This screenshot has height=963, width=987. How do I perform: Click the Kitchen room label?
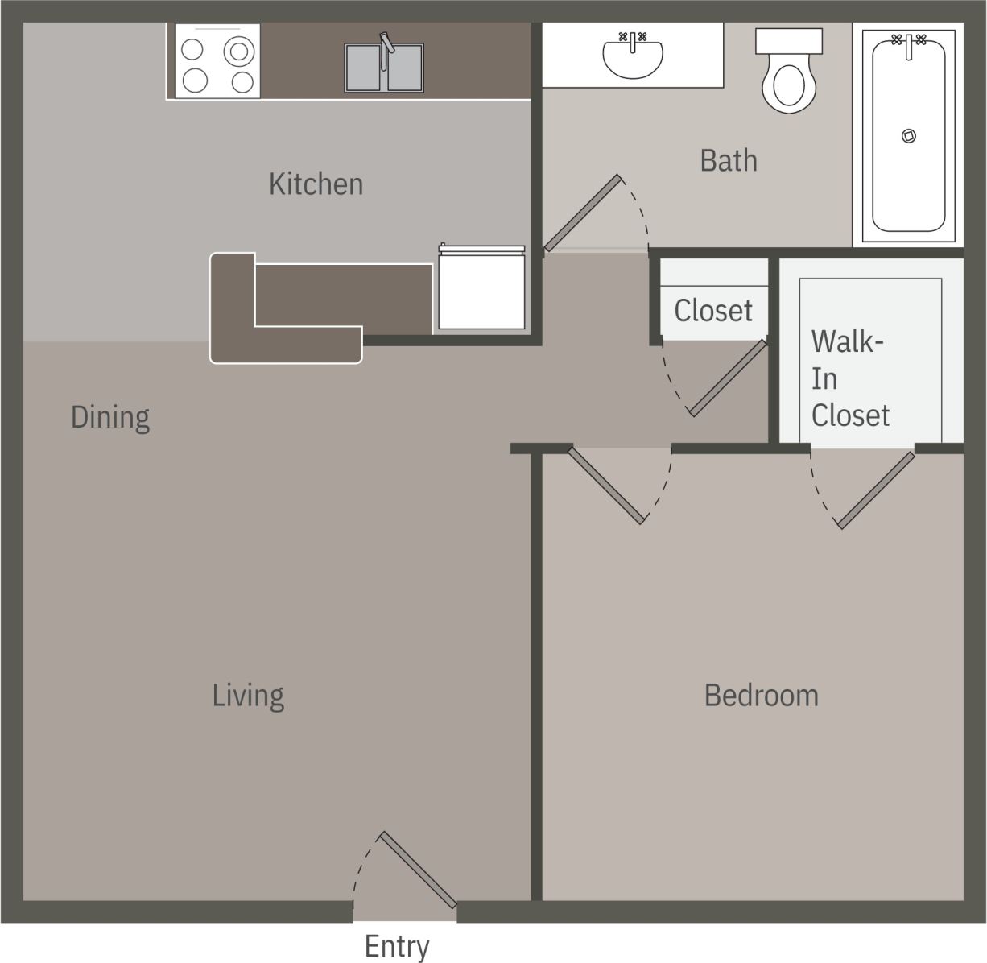click(316, 184)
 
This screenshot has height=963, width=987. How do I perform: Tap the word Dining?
click(110, 417)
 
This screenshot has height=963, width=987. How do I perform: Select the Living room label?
click(248, 695)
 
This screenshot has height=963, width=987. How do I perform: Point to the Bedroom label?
click(761, 695)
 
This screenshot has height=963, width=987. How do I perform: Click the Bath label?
click(729, 160)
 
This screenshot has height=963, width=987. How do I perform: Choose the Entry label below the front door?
click(397, 946)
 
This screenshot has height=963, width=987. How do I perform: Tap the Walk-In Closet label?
click(849, 378)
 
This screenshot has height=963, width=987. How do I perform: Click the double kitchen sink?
click(384, 68)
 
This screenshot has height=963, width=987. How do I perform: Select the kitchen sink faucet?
click(387, 43)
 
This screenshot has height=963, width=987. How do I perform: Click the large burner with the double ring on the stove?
click(239, 52)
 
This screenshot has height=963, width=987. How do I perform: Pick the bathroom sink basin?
click(633, 57)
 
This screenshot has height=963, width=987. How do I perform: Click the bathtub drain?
click(909, 136)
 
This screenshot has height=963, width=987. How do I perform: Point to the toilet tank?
click(789, 41)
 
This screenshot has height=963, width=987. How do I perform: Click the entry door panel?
click(418, 870)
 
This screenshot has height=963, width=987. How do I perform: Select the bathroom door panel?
click(582, 213)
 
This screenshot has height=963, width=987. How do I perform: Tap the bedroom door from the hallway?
click(607, 486)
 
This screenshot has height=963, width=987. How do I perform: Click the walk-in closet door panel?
click(877, 490)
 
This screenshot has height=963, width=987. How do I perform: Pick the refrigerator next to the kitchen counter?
click(481, 288)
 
